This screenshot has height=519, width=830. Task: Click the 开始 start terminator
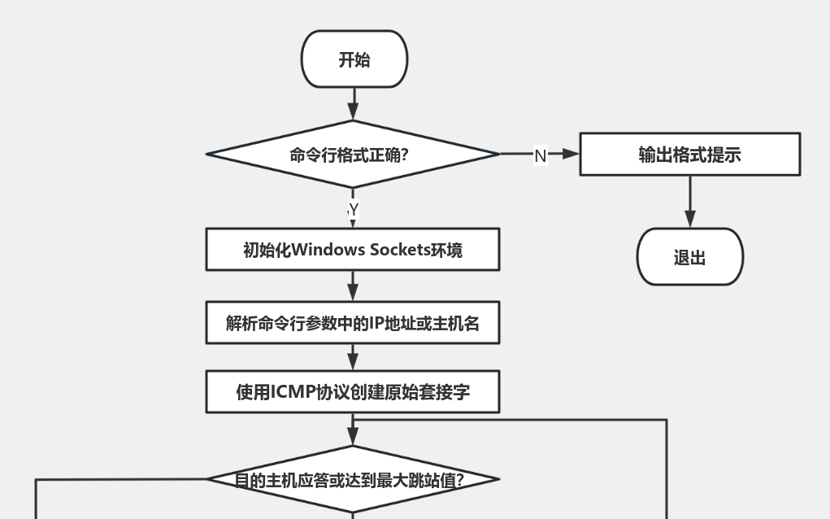pos(354,59)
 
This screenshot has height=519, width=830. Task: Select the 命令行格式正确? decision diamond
pos(353,154)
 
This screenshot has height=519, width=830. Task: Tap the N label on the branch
pos(540,155)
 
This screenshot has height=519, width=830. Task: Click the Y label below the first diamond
pos(353,210)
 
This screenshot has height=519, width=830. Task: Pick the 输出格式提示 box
pos(689,155)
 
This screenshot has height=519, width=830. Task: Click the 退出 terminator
pos(689,257)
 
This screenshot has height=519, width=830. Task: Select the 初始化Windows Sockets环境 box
pos(353,249)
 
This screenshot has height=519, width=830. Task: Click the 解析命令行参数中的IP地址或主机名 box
pos(353,323)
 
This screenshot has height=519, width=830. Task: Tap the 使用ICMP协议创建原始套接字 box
pos(353,392)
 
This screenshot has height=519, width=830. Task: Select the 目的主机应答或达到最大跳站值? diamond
pos(353,479)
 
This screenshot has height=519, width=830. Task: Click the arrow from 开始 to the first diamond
pos(353,103)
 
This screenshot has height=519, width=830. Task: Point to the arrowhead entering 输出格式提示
pos(571,154)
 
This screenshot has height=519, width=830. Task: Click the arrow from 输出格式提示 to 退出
pos(689,201)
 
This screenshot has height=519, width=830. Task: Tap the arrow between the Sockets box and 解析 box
pos(353,286)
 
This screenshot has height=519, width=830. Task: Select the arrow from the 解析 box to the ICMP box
pos(353,357)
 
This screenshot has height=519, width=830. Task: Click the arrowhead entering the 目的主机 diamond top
pos(353,438)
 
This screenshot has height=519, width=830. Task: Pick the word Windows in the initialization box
pos(328,250)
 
